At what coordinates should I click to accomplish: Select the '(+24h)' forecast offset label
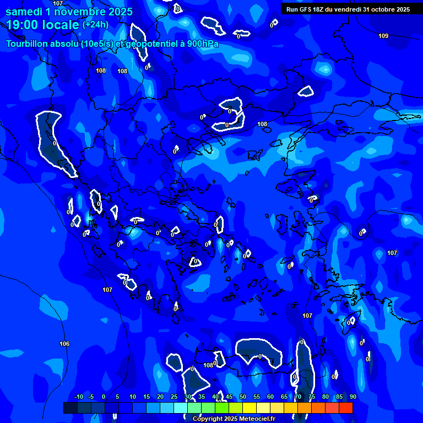tap(96, 25)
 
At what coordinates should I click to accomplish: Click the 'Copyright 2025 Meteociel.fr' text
tap(234, 419)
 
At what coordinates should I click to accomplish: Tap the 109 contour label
tap(383, 36)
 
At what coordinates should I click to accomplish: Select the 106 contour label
tap(64, 344)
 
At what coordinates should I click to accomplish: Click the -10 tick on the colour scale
tap(78, 397)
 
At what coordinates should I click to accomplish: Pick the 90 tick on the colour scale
tap(352, 397)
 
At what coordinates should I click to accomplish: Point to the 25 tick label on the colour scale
tap(174, 397)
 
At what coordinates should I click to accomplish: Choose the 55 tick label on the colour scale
tap(257, 397)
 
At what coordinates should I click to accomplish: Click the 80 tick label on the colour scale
tap(325, 397)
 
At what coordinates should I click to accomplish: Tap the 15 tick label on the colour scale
tap(147, 397)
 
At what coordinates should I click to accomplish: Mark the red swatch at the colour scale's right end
tap(346, 408)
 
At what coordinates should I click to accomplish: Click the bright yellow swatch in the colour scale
tap(250, 408)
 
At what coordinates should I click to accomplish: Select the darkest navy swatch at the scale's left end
tap(70, 408)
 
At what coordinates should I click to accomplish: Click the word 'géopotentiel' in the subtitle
tap(149, 44)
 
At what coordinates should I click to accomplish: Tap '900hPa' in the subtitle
tap(202, 44)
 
